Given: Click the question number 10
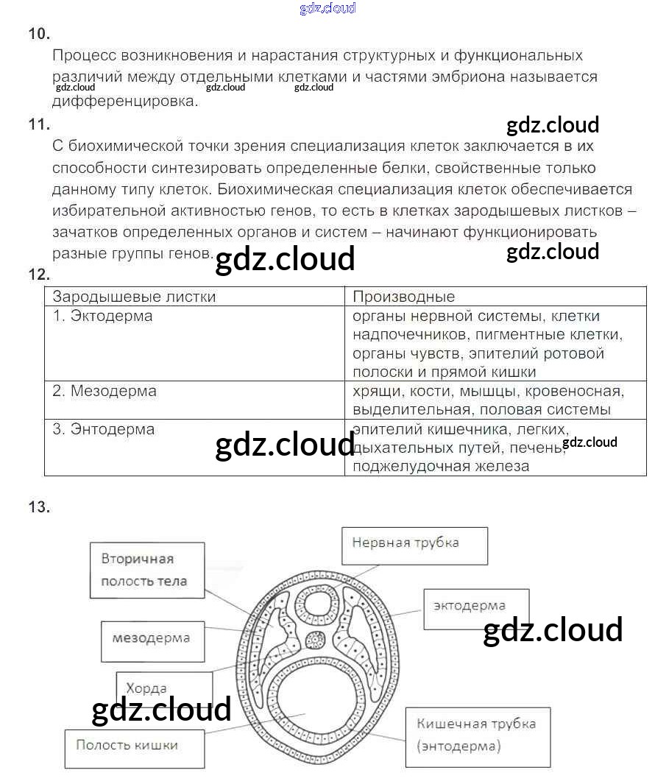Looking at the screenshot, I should coord(38,34).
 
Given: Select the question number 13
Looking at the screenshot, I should coord(38,506).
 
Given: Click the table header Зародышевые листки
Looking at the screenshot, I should coord(134,297).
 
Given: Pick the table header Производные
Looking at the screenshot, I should coord(404,297).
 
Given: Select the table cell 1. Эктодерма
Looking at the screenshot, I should coord(103,316).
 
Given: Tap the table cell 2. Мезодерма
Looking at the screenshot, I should coord(105,391).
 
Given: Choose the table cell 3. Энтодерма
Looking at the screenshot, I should coord(104,429).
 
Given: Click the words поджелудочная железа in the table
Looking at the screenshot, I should coord(441,466).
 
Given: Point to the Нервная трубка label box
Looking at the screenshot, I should coord(414,545).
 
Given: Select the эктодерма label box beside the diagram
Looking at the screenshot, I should coord(475,608).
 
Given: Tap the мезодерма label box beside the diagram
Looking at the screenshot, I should coord(152,639).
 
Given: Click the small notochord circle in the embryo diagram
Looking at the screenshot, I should coord(316,639).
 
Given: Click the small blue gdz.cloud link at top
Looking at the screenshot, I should coord(327,8).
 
